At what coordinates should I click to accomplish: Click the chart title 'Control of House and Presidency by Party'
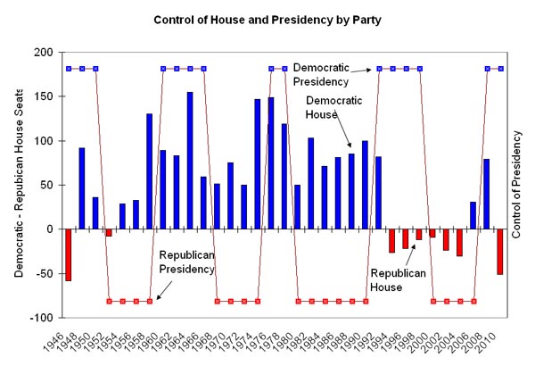267,19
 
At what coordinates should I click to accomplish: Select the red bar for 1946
69,254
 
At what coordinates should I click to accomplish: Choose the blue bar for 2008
487,194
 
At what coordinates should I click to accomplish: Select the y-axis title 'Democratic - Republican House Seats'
19,184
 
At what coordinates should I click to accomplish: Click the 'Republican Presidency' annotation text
187,261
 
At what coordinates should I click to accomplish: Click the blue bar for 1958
150,171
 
